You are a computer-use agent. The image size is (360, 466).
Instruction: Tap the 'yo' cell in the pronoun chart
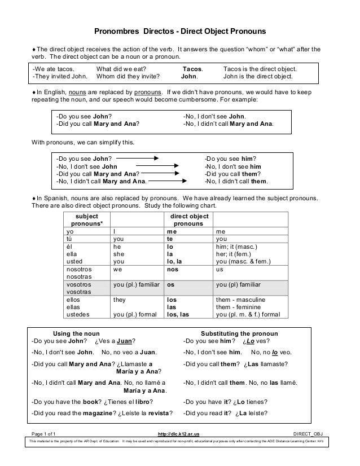pos(70,231)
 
